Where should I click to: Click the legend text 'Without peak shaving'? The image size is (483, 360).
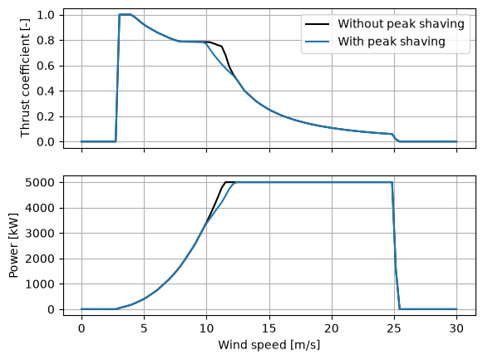tap(401, 24)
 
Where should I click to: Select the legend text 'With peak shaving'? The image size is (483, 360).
tap(392, 42)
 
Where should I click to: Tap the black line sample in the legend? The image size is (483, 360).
tap(317, 24)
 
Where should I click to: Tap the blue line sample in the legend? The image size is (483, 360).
tap(317, 42)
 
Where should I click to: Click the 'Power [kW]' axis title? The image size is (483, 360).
tap(13, 245)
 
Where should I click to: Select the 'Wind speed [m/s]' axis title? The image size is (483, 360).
tap(269, 344)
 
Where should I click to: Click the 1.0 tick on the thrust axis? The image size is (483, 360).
tap(46, 15)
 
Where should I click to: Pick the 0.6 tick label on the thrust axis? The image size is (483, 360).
tap(46, 66)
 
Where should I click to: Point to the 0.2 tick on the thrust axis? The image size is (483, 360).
tap(46, 116)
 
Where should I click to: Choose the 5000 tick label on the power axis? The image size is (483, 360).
tap(40, 183)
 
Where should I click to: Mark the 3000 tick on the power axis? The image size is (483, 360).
tap(40, 234)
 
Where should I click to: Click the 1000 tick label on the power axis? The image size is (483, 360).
tap(40, 284)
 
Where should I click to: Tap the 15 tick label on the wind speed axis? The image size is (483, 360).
tap(269, 328)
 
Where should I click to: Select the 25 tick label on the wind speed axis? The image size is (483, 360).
tap(394, 328)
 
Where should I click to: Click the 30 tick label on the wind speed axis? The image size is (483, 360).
tap(456, 328)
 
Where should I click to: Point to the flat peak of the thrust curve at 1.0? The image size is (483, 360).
tap(125, 14)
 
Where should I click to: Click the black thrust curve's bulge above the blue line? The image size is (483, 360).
tap(222, 47)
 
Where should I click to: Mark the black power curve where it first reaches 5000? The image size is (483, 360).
tap(226, 182)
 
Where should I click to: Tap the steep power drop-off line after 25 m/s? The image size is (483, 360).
tap(396, 246)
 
